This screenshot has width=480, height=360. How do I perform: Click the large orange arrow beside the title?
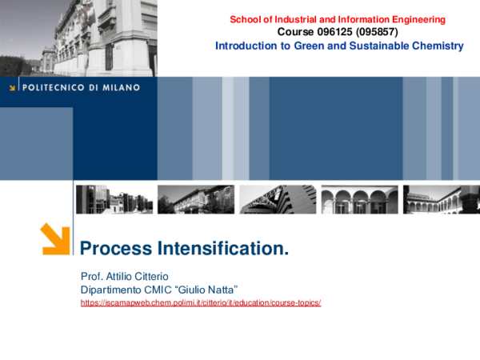pyautogui.click(x=55, y=238)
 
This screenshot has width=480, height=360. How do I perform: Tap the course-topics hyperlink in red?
pyautogui.click(x=201, y=304)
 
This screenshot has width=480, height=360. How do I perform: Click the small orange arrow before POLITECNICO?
pyautogui.click(x=12, y=88)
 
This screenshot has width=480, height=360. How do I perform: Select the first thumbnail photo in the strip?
pyautogui.click(x=114, y=199)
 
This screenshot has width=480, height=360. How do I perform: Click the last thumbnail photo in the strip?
pyautogui.click(x=440, y=199)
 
